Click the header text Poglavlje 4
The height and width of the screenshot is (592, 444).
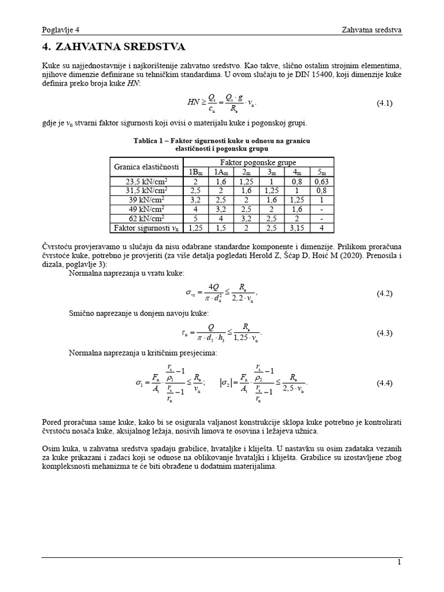coord(61,30)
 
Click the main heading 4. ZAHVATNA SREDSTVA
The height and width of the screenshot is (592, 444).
coord(114,47)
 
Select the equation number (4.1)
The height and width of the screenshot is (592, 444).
coord(384,103)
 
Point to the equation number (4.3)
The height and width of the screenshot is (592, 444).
coord(384,333)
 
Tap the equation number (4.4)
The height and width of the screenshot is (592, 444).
coord(384,383)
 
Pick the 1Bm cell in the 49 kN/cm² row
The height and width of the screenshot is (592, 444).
coord(196,209)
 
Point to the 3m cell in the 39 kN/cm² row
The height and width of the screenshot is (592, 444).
coord(272,199)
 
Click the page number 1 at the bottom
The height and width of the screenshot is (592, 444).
coord(399,562)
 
